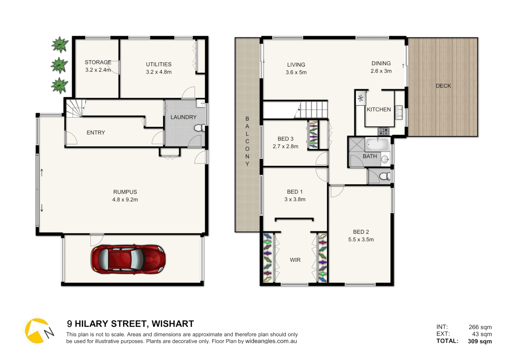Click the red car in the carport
coord(128,259)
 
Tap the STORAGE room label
coord(98,62)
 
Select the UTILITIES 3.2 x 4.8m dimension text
coord(159,72)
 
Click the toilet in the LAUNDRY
coord(200,128)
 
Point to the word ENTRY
coord(96,133)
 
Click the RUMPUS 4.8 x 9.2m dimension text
coord(125,200)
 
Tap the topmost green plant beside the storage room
coord(60,45)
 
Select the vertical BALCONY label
coord(247,141)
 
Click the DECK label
coord(443,86)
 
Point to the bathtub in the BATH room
coord(377,145)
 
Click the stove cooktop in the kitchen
coord(383,131)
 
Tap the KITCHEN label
coord(378,109)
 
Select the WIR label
coord(295,260)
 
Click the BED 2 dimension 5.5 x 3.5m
coord(361,240)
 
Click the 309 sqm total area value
coord(479,341)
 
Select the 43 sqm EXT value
coord(481,334)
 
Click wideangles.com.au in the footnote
coord(271,341)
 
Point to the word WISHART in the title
coord(173,324)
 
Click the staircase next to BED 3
coord(313,109)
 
